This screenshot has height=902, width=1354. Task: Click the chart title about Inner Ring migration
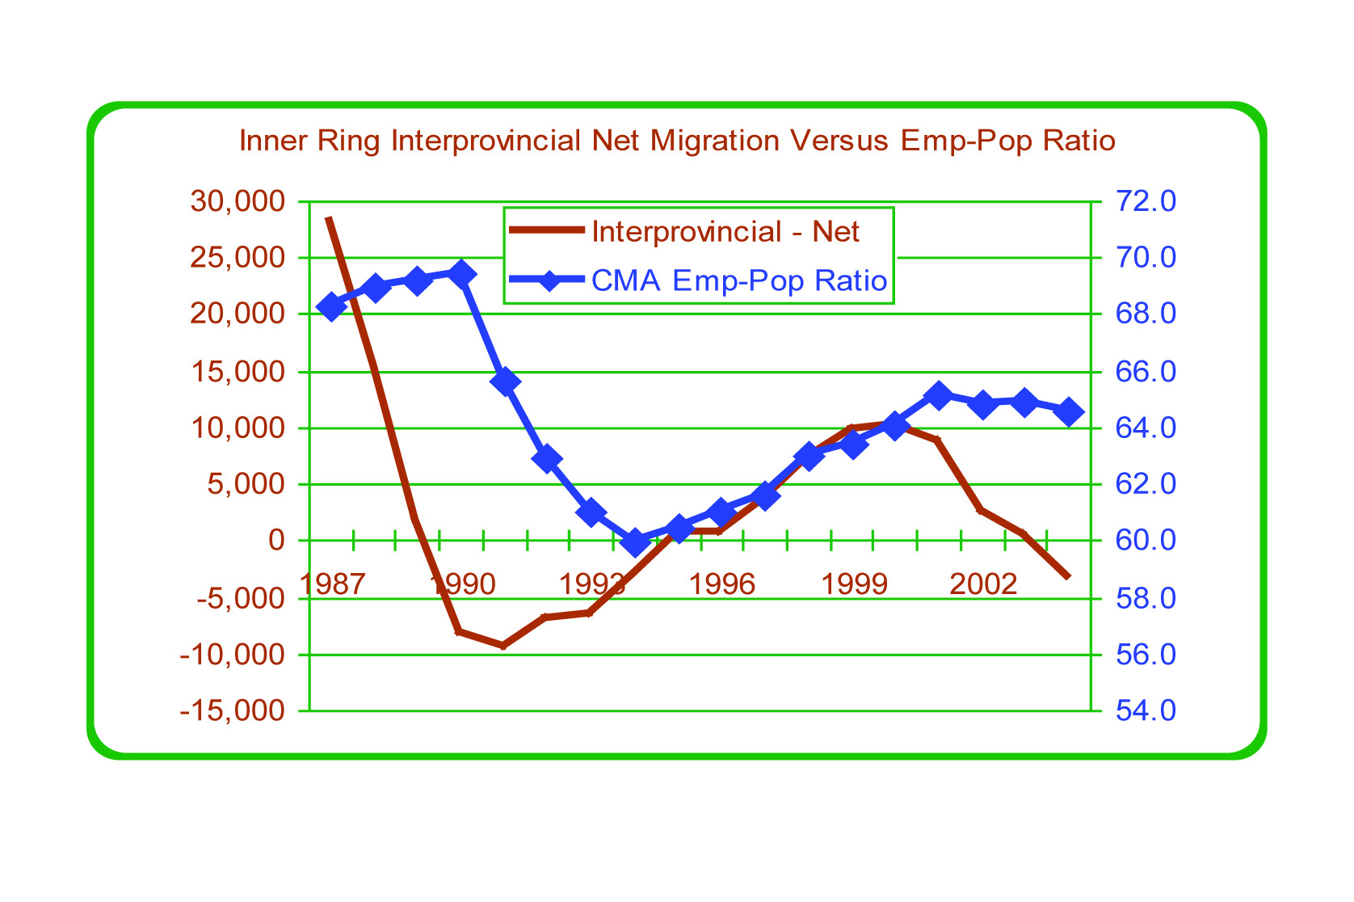tap(677, 141)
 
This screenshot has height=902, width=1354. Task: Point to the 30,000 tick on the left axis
tap(238, 200)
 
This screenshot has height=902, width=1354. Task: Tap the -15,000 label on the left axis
tap(233, 710)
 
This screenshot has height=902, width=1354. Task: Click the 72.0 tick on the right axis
tap(1146, 200)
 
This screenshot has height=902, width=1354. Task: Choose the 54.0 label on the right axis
tap(1146, 710)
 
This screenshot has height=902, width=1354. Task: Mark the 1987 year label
tap(332, 584)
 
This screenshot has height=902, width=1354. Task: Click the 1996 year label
tap(721, 584)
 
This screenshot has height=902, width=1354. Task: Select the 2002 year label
tap(983, 584)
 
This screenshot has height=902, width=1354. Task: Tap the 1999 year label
tap(854, 584)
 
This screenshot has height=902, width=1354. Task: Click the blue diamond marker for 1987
tap(330, 307)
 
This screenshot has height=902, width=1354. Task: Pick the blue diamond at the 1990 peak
tap(461, 274)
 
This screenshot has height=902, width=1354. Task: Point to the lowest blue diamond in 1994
tap(636, 543)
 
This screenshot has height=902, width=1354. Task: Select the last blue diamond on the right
tap(1070, 412)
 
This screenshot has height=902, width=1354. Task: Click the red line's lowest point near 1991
tap(502, 646)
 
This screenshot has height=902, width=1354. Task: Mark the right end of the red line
tap(1069, 577)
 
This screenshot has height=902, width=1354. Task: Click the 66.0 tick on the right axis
tap(1146, 372)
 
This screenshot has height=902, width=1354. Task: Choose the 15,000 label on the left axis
tap(238, 372)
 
